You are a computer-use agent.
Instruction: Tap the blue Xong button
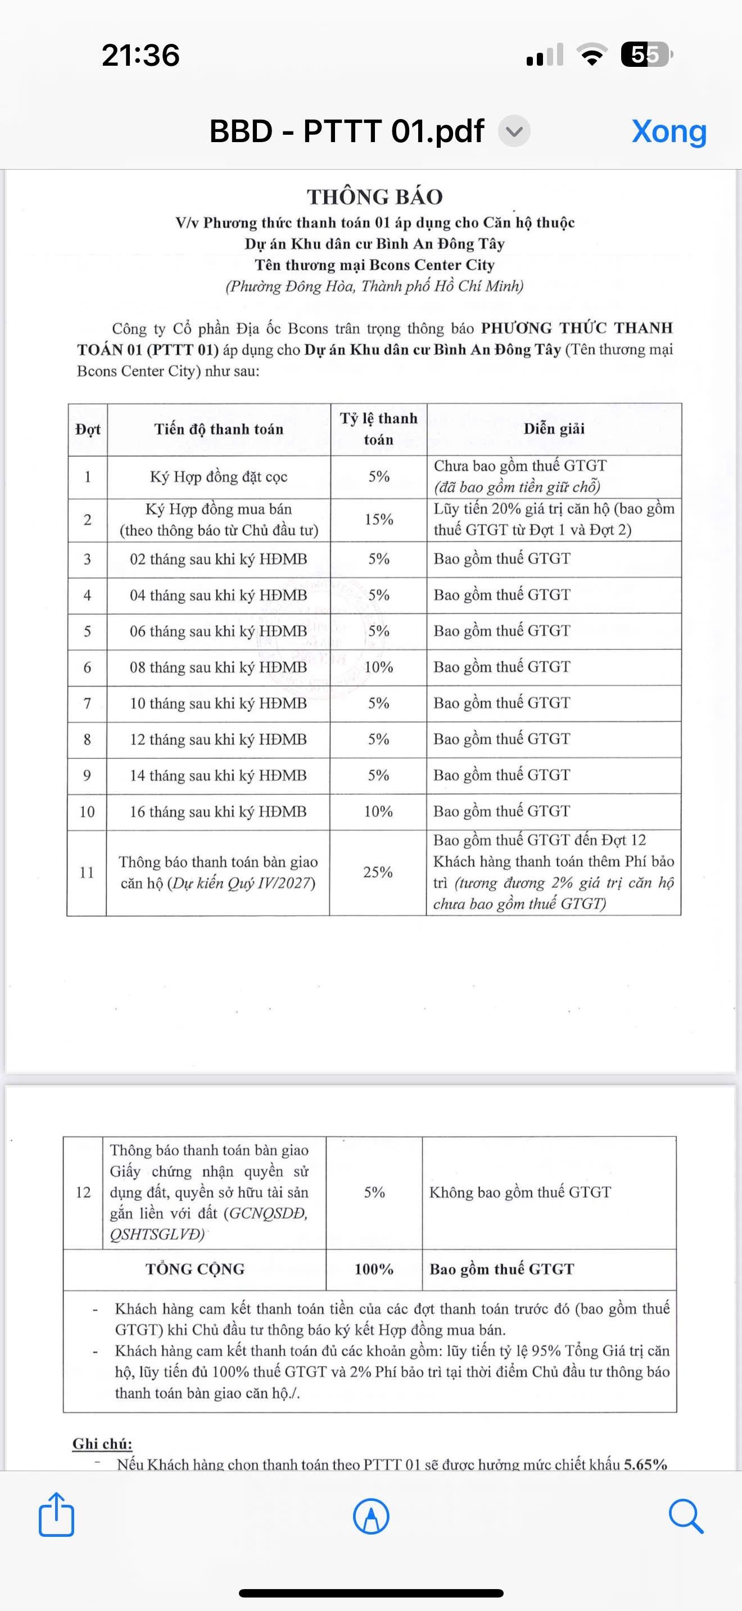(x=669, y=131)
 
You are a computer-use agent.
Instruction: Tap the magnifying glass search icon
(x=686, y=1516)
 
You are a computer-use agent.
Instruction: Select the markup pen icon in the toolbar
(x=371, y=1516)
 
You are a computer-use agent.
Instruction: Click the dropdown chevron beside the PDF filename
(x=514, y=132)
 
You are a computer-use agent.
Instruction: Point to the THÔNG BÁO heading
(x=375, y=197)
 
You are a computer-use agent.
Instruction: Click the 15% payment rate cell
(x=378, y=519)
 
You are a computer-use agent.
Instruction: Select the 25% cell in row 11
(x=378, y=872)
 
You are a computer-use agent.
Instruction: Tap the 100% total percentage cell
(x=373, y=1269)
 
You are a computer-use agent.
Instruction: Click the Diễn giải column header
(x=554, y=429)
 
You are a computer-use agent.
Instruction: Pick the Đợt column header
(x=88, y=429)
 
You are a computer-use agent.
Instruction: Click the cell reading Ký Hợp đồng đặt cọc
(x=218, y=476)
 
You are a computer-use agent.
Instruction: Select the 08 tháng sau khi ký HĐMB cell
(x=218, y=667)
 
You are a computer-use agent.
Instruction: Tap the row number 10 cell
(x=87, y=811)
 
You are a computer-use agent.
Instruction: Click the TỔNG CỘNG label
(x=194, y=1269)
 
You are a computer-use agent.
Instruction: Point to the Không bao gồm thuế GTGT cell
(x=519, y=1192)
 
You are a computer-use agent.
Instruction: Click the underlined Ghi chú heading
(x=102, y=1444)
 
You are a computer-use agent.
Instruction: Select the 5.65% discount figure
(x=645, y=1464)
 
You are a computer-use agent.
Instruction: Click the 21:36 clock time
(x=141, y=55)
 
